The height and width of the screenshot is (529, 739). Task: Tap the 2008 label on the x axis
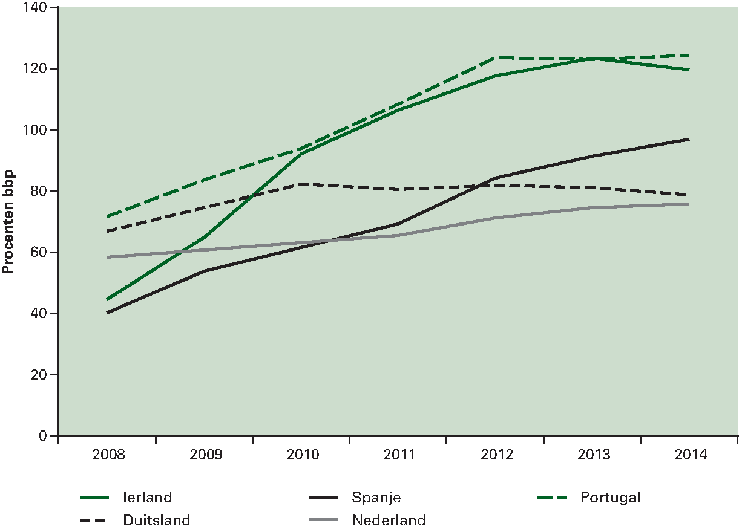click(x=107, y=455)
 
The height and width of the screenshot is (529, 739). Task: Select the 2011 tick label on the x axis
click(x=398, y=455)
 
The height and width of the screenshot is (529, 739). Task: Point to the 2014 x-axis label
click(x=689, y=455)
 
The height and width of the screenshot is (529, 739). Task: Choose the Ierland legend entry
click(x=147, y=498)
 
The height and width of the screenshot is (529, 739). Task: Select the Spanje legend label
click(x=376, y=498)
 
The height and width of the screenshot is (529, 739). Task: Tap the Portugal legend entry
click(x=610, y=498)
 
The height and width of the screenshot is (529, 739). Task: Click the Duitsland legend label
click(x=156, y=520)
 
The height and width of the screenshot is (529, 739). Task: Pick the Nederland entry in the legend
click(x=389, y=520)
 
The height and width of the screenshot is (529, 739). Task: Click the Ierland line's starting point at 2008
click(x=107, y=299)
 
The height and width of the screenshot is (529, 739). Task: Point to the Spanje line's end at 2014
click(x=689, y=139)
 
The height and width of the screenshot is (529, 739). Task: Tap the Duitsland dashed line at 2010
click(x=301, y=184)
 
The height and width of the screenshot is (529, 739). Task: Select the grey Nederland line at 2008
click(x=107, y=257)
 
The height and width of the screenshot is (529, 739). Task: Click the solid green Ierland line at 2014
click(x=689, y=70)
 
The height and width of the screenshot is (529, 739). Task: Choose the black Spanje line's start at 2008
click(x=107, y=313)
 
